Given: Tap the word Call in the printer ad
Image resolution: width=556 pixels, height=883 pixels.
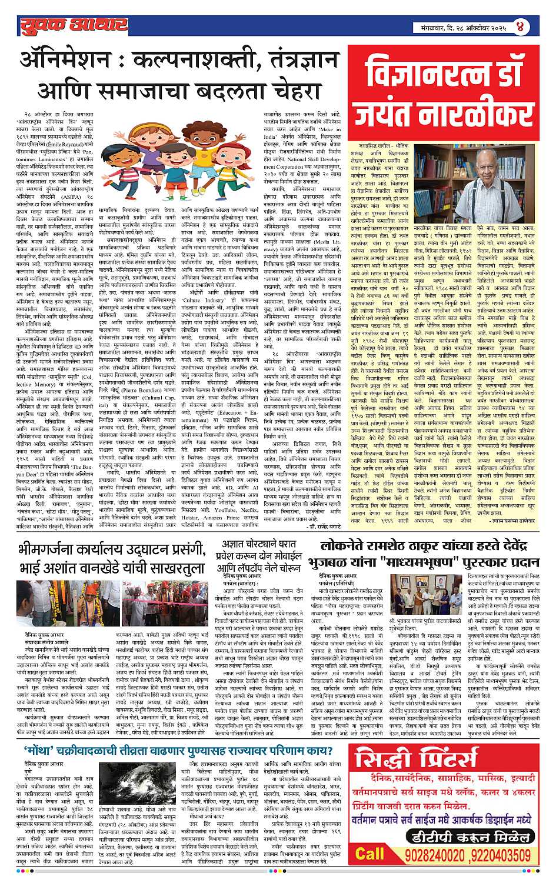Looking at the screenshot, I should click(x=369, y=854).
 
